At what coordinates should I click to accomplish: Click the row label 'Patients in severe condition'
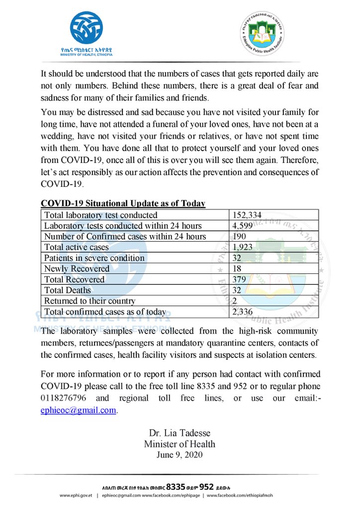[x=94, y=258]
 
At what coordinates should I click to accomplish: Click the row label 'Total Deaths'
[x=68, y=290]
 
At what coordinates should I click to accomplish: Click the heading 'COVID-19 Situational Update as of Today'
[x=123, y=204]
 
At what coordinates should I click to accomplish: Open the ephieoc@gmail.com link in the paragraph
[x=79, y=410]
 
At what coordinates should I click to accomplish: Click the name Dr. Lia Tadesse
[x=180, y=433]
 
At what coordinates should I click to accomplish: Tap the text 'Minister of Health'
[x=180, y=444]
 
